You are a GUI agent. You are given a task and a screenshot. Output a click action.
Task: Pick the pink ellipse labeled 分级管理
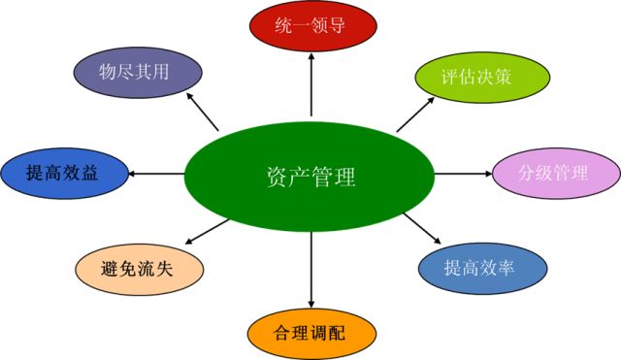555,174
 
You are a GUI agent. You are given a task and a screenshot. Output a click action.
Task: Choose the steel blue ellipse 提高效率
478,267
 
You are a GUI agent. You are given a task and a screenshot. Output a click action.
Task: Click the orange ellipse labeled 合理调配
310,331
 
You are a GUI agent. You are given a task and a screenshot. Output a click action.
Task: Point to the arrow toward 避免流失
205,231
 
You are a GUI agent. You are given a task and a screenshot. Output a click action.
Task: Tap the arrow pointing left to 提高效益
156,174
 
